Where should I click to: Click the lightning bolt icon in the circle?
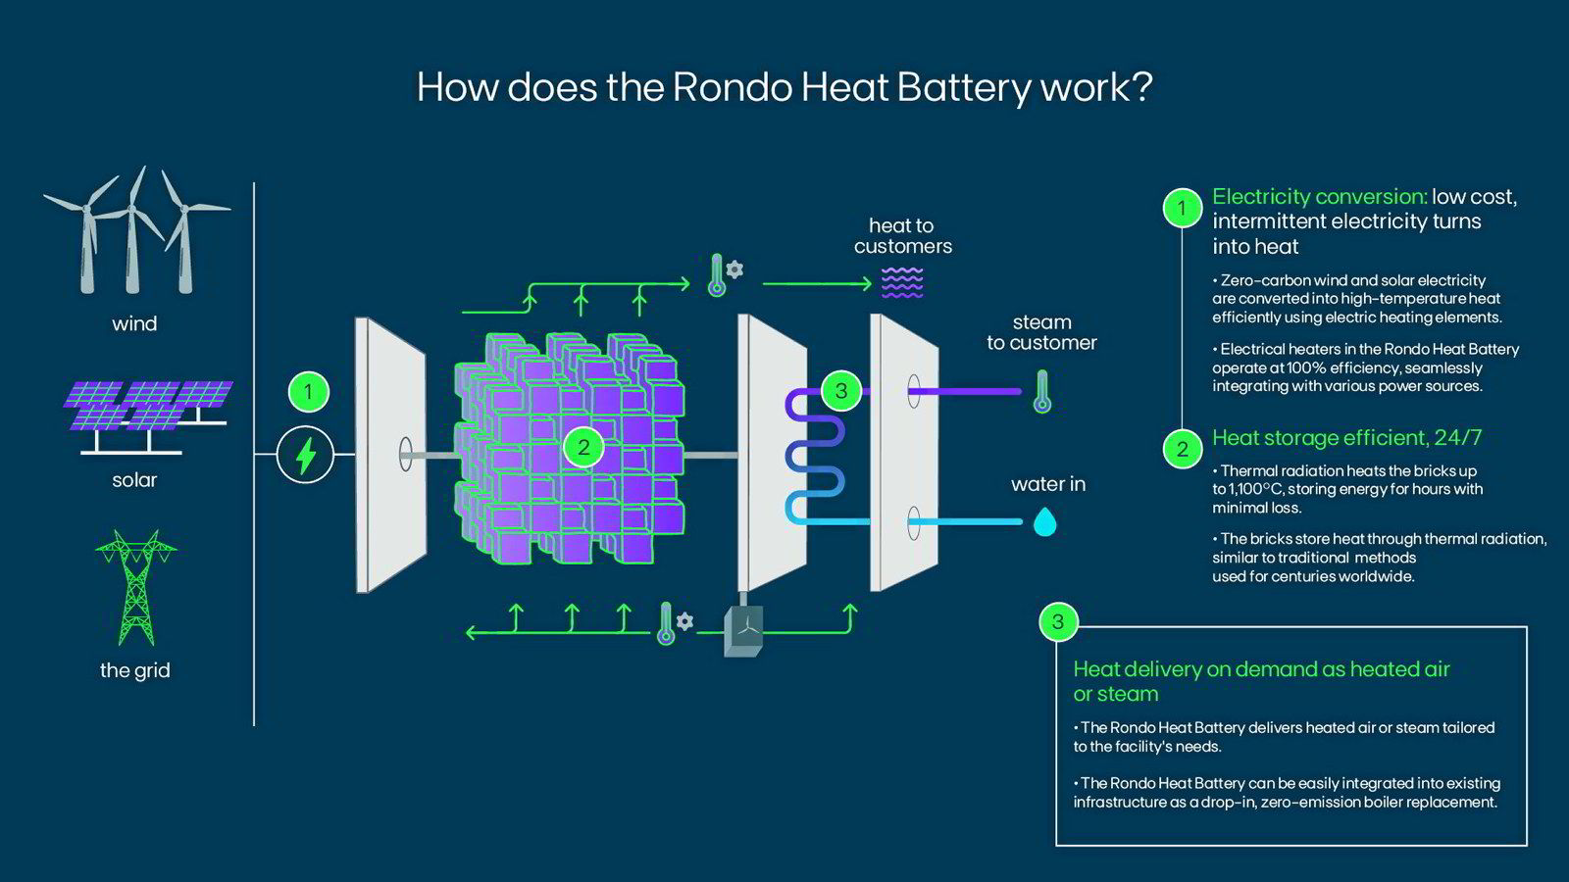click(x=306, y=456)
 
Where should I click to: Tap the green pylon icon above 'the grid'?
click(x=135, y=588)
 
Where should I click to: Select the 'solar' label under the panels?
click(x=134, y=480)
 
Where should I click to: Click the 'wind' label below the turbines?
click(x=134, y=323)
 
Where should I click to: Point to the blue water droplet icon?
click(x=1045, y=522)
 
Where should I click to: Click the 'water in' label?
click(x=1048, y=484)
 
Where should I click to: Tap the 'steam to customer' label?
click(x=1041, y=332)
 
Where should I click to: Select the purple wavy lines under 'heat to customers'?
click(x=902, y=283)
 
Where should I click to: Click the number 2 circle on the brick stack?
click(x=583, y=448)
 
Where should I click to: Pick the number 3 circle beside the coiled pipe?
click(x=840, y=391)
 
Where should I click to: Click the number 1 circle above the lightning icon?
click(x=308, y=392)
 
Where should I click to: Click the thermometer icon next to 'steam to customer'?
click(x=1042, y=391)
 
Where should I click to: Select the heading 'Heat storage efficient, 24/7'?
click(x=1346, y=438)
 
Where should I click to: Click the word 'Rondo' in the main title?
click(x=733, y=87)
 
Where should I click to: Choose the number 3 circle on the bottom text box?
click(x=1057, y=621)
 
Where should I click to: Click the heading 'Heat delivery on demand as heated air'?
click(x=1261, y=669)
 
